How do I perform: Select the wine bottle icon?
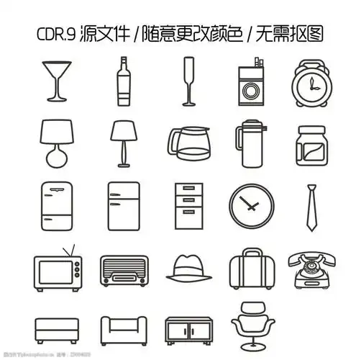click(123, 83)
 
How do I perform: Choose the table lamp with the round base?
click(57, 143)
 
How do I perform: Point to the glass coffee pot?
click(188, 144)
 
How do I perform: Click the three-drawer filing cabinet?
click(189, 204)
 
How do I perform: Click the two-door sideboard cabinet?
click(188, 330)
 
